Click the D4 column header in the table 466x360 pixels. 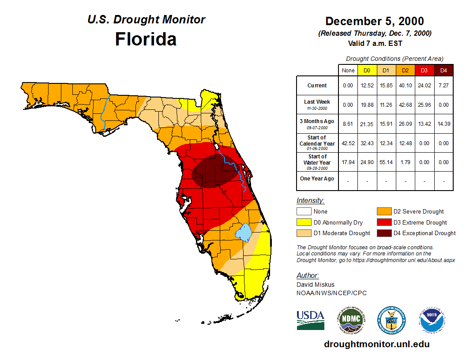pos(443,71)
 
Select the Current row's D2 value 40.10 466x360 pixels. pos(405,86)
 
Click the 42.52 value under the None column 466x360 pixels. pos(348,143)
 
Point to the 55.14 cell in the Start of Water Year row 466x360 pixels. pos(386,162)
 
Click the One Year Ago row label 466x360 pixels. pos(317,179)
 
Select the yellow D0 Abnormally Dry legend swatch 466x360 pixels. pos(304,222)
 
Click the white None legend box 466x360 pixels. pos(304,212)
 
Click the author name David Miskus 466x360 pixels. pos(316,285)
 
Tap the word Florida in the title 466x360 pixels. pos(146,39)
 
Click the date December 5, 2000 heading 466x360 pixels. pos(375,21)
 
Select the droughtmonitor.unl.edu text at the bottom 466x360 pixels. pos(376,344)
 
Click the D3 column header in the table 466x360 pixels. pos(424,71)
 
